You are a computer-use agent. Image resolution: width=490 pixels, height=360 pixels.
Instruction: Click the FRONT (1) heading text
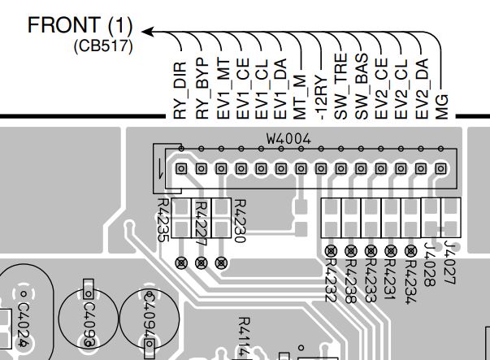[x=80, y=25]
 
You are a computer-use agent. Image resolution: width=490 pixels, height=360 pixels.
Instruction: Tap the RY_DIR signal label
[x=180, y=89]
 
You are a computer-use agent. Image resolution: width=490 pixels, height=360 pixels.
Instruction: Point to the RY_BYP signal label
[x=202, y=89]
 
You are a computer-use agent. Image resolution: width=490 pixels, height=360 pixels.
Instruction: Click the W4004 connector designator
[x=288, y=139]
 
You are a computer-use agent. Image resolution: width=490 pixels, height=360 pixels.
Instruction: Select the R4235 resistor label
[x=163, y=220]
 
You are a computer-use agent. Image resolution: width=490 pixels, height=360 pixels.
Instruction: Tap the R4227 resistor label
[x=201, y=222]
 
